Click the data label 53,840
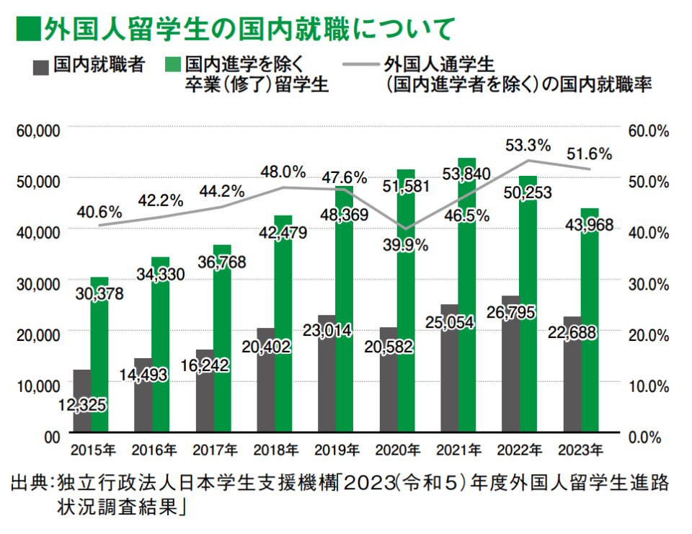466,174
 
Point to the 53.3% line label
528,144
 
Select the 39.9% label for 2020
405,245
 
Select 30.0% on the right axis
648,283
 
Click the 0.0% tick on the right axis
652,436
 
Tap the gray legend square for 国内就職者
40,67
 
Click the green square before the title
27,30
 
